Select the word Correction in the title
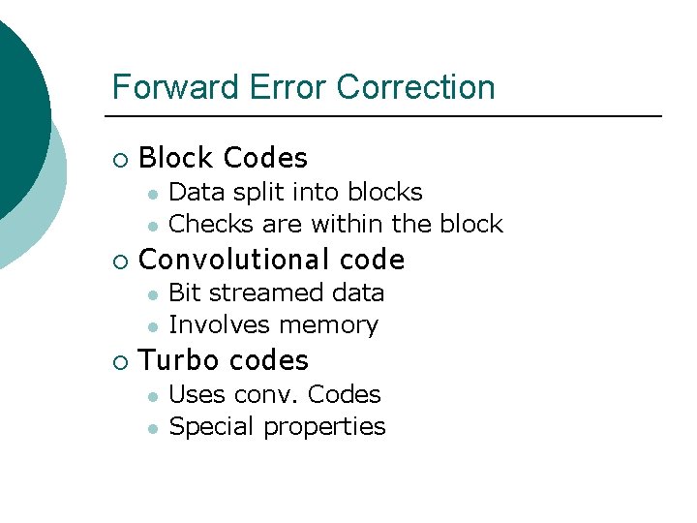[415, 87]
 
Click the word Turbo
[175, 361]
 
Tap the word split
[259, 193]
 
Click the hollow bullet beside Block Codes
[119, 159]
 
